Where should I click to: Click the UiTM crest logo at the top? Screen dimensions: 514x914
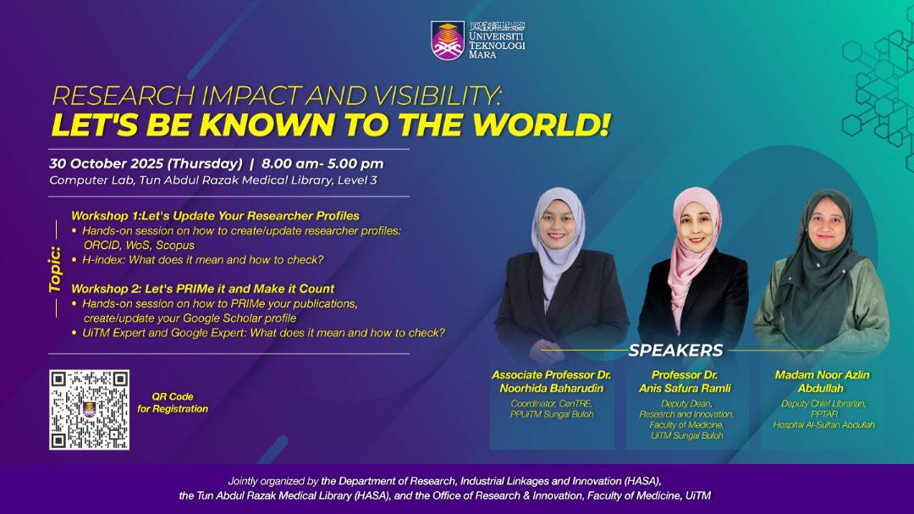click(448, 40)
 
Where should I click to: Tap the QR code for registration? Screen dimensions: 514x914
click(89, 409)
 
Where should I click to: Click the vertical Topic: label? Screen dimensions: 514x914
click(55, 269)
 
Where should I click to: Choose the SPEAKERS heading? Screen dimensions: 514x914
click(675, 351)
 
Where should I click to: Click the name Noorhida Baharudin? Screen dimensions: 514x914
click(551, 388)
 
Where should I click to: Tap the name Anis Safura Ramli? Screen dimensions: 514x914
click(685, 388)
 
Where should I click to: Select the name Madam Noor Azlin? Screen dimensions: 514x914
click(822, 374)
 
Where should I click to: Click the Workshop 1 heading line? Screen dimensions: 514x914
click(215, 216)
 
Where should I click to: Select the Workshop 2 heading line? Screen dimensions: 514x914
click(202, 289)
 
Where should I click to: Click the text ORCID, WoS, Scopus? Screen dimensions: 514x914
click(139, 245)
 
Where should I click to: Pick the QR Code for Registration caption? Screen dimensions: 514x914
click(173, 402)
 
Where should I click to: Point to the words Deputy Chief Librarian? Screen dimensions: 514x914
click(823, 404)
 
